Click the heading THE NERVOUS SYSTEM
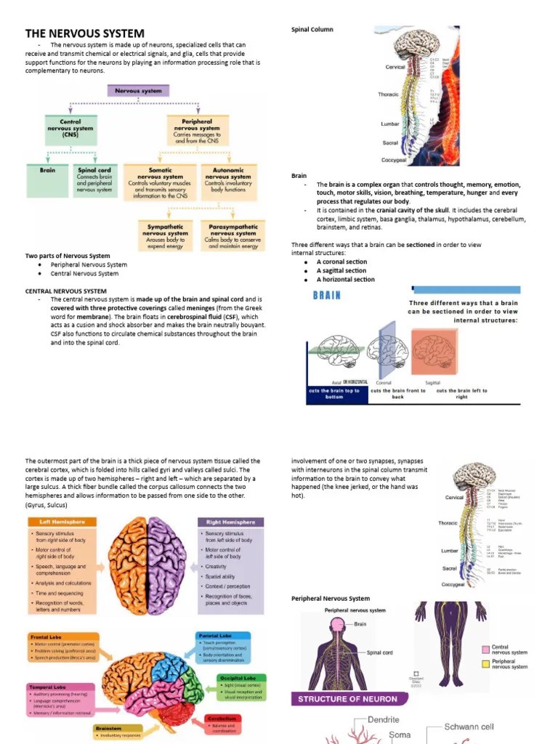tap(85, 33)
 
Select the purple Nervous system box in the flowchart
tap(138, 91)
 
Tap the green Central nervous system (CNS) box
tap(70, 129)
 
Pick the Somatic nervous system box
tap(161, 182)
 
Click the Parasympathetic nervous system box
tap(232, 236)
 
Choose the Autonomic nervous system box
tap(228, 182)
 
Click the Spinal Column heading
tap(312, 30)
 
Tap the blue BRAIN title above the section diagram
tap(326, 296)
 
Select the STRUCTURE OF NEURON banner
tap(347, 699)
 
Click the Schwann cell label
tap(469, 727)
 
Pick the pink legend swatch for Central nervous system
tap(485, 650)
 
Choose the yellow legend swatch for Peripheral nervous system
tap(485, 664)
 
